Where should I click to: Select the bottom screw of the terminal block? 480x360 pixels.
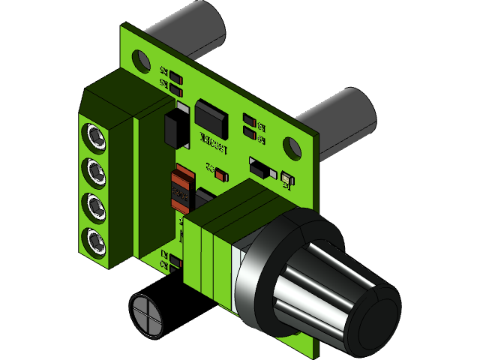pos(94,241)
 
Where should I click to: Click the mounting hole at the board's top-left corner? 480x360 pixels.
pos(140,58)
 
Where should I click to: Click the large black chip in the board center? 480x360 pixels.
pos(211,117)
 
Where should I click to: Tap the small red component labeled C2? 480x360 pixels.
pos(220,175)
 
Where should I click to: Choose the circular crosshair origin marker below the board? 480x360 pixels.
pos(146,313)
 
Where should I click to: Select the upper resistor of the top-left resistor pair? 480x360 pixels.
pos(175,77)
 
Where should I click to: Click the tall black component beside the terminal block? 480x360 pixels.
pos(177,126)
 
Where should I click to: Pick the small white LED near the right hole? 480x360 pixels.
pos(286,178)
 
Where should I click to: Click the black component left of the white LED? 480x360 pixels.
pos(259,167)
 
